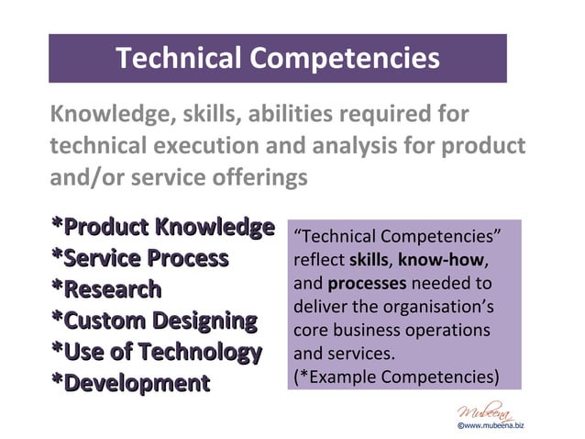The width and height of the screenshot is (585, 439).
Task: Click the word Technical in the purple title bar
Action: pos(178,59)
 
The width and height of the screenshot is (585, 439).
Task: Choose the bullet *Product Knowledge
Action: pos(163,227)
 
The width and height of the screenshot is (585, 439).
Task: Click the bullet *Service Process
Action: pos(139,258)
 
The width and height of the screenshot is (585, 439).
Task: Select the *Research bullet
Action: pos(106,289)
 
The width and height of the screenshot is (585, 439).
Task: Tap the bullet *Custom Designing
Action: pos(154,321)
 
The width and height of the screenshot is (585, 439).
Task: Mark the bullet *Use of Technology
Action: pos(157,352)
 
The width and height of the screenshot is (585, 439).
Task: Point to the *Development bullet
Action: pos(130,383)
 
